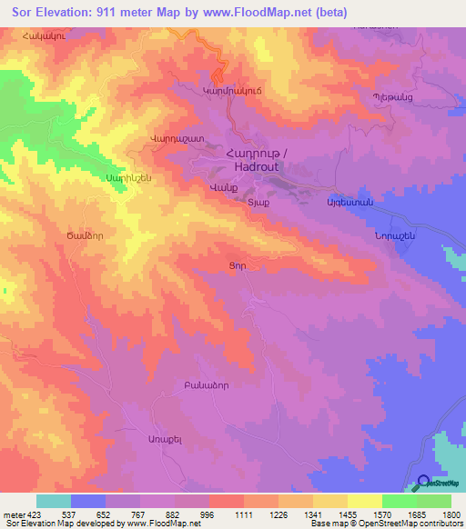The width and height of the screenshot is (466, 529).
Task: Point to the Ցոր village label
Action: [x=237, y=264]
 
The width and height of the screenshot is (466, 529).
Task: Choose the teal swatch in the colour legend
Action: [x=54, y=501]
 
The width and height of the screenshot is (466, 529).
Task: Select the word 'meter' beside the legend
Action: [x=12, y=514]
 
